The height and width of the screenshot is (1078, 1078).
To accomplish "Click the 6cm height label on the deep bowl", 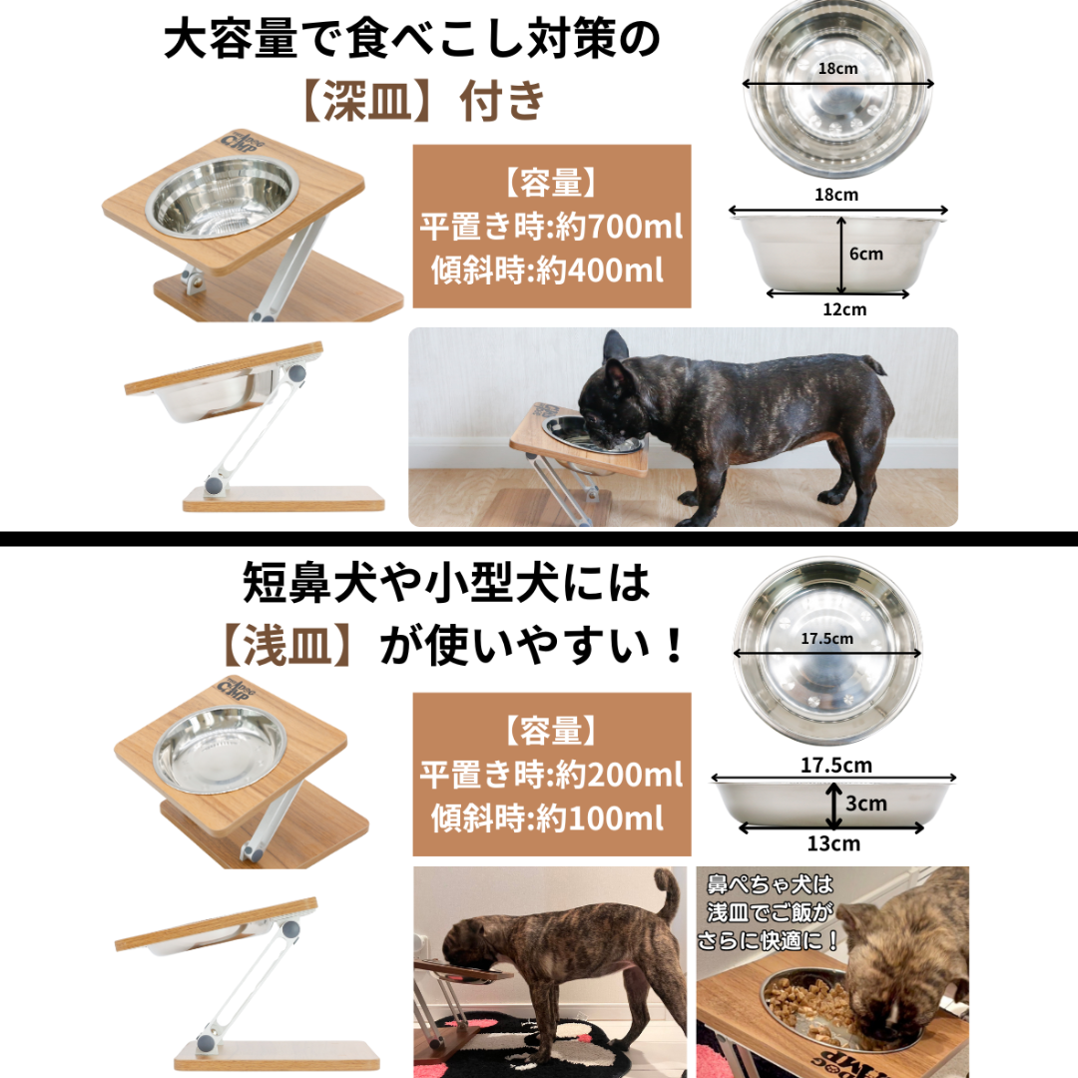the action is pos(865,254).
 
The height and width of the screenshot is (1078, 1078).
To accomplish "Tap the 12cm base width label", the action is pos(844,309).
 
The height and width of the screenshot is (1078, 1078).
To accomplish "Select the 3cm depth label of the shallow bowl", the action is pos(865,803).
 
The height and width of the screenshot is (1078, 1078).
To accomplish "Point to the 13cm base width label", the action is pos(833,843).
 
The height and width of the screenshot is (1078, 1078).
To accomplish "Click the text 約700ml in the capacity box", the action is pos(619,227).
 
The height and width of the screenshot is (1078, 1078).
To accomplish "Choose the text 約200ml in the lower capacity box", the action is pos(619,775).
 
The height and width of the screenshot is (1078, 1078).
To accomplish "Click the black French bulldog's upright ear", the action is pos(615,348).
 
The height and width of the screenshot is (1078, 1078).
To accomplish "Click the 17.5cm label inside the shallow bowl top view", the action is pos(827,639).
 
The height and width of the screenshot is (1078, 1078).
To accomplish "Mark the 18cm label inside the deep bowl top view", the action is pos(837,69).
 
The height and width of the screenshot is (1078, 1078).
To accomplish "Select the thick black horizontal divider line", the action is pos(539,538).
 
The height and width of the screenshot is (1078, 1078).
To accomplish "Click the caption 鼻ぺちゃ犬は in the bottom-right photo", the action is pos(770,884).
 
